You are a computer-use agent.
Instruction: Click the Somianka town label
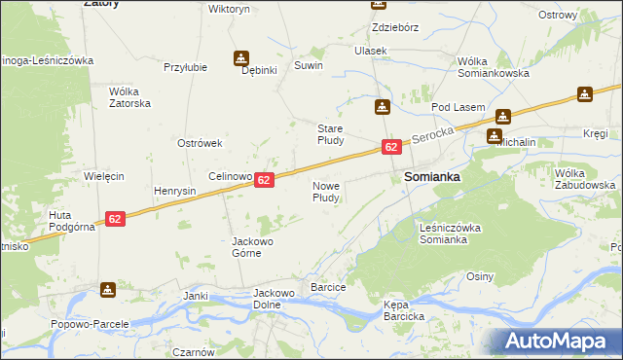(x=431, y=178)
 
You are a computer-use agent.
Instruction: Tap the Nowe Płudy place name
(x=325, y=191)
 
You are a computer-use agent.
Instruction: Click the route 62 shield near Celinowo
(x=265, y=180)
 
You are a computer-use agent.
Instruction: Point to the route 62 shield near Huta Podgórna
(x=115, y=219)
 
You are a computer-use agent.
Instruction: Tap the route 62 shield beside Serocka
(x=390, y=147)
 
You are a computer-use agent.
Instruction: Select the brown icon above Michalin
(x=500, y=117)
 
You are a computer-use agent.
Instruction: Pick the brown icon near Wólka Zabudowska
(x=584, y=94)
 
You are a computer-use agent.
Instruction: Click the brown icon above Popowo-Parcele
(x=107, y=289)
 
